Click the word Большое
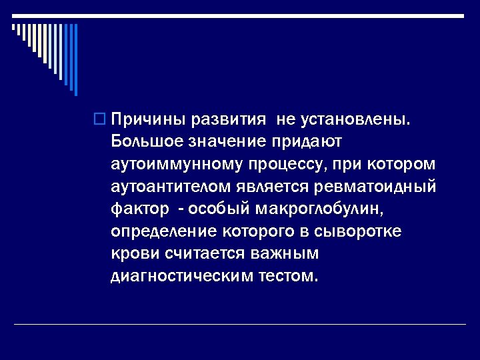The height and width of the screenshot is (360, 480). pyautogui.click(x=147, y=142)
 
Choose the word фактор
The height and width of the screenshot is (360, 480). pyautogui.click(x=141, y=209)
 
